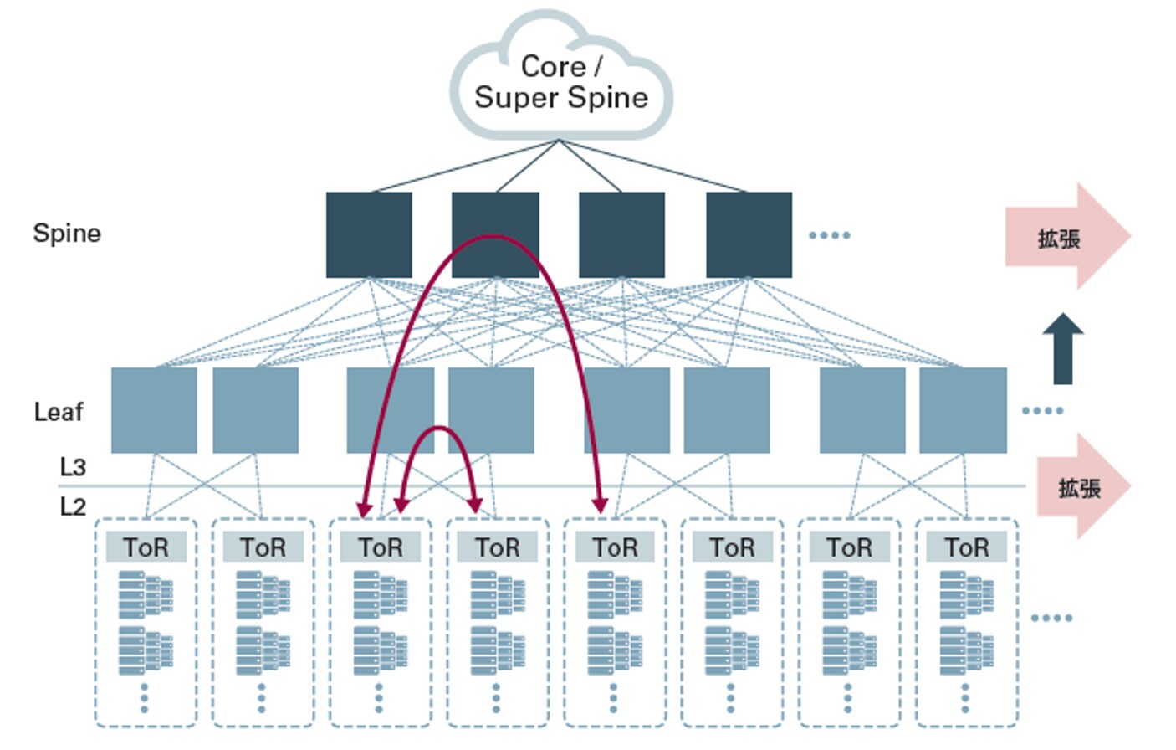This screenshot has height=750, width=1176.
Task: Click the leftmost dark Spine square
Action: pyautogui.click(x=369, y=234)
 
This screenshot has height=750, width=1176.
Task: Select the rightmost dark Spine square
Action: pyautogui.click(x=749, y=234)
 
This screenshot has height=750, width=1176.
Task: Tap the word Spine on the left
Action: pyautogui.click(x=67, y=233)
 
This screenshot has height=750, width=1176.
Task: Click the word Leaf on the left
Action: pyautogui.click(x=59, y=412)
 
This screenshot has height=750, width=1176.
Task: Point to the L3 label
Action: pyautogui.click(x=73, y=466)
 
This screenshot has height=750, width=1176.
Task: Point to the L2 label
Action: pyautogui.click(x=73, y=506)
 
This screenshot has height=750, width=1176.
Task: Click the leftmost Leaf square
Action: pyautogui.click(x=154, y=410)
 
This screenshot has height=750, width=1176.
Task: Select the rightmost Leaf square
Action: pyautogui.click(x=963, y=410)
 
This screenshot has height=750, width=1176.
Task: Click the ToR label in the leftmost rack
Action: pyautogui.click(x=146, y=547)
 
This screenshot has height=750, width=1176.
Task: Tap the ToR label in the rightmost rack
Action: pyautogui.click(x=966, y=547)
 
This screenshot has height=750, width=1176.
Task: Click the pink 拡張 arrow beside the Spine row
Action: pyautogui.click(x=1066, y=237)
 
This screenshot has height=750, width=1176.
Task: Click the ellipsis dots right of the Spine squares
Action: pyautogui.click(x=830, y=235)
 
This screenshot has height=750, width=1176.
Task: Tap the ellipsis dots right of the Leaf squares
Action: pyautogui.click(x=1042, y=410)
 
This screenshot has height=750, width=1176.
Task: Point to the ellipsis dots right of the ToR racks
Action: pyautogui.click(x=1051, y=618)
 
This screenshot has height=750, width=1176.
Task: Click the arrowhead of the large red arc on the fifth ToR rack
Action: pyautogui.click(x=600, y=504)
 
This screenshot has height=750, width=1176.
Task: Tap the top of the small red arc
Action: pyautogui.click(x=438, y=429)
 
